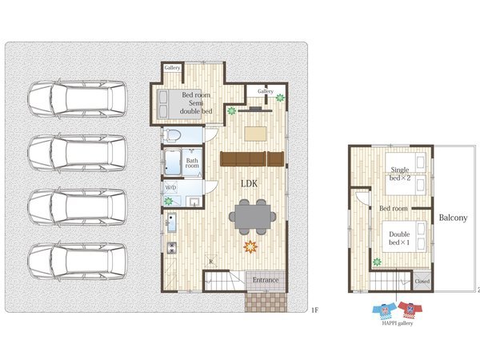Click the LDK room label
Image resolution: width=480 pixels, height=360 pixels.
pos(249,184)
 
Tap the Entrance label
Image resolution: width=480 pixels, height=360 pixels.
pos(266,280)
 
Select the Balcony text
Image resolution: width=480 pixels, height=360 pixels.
pos(453,218)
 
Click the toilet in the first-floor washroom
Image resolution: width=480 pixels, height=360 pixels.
pos(171,135)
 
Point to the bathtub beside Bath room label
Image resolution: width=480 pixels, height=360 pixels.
pos(172,162)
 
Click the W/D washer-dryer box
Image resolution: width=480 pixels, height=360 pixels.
pos(170,187)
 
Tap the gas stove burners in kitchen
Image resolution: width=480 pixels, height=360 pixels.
pos(172,248)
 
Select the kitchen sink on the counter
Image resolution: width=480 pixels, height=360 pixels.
pos(171,222)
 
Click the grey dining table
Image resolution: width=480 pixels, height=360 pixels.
pos(253,217)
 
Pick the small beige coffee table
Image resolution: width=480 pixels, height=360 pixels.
pos(255,134)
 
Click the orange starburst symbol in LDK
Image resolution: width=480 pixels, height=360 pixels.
pos(250,246)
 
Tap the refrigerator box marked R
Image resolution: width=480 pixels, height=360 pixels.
pos(211,262)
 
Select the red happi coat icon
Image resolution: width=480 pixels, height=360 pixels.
pos(410,310)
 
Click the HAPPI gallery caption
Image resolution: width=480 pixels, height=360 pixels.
pos(398,323)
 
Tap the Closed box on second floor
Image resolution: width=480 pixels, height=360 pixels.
pos(422,281)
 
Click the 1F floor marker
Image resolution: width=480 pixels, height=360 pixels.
pos(314,310)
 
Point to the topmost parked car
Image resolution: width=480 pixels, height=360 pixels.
pos(78,99)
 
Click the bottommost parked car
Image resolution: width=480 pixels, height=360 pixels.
pos(78,261)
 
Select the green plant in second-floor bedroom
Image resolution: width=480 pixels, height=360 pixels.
pos(377,262)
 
